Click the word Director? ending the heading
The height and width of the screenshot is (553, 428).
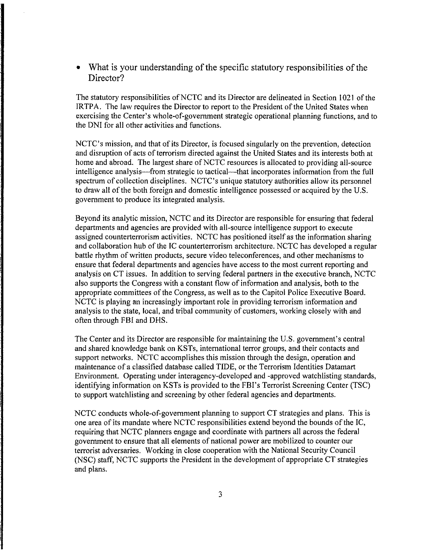click(x=106, y=78)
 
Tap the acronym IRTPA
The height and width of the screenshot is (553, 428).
click(x=88, y=107)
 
